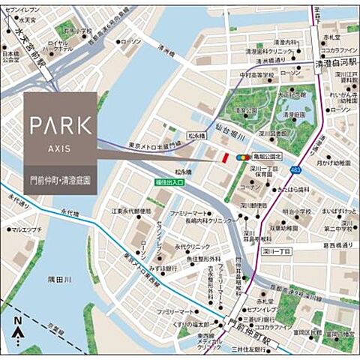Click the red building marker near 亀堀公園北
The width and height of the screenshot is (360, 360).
223,157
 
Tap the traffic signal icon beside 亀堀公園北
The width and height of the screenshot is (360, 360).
244,157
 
